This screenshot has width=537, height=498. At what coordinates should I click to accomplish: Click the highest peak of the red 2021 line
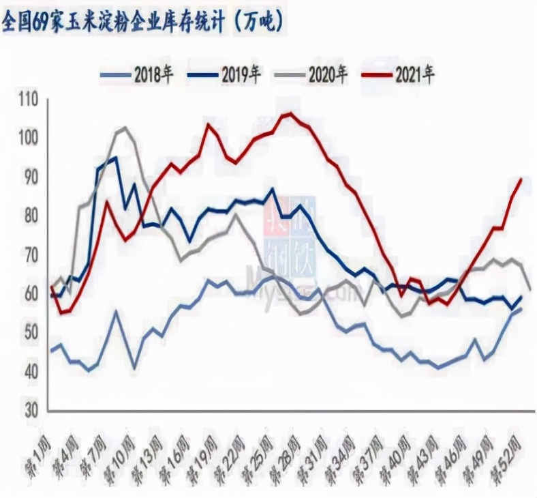tap(288, 114)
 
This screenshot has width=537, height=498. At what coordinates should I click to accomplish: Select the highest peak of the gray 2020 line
tap(123, 128)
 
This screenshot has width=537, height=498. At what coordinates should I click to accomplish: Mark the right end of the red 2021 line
tap(521, 179)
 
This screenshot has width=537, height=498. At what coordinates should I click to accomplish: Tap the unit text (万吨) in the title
tap(259, 23)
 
